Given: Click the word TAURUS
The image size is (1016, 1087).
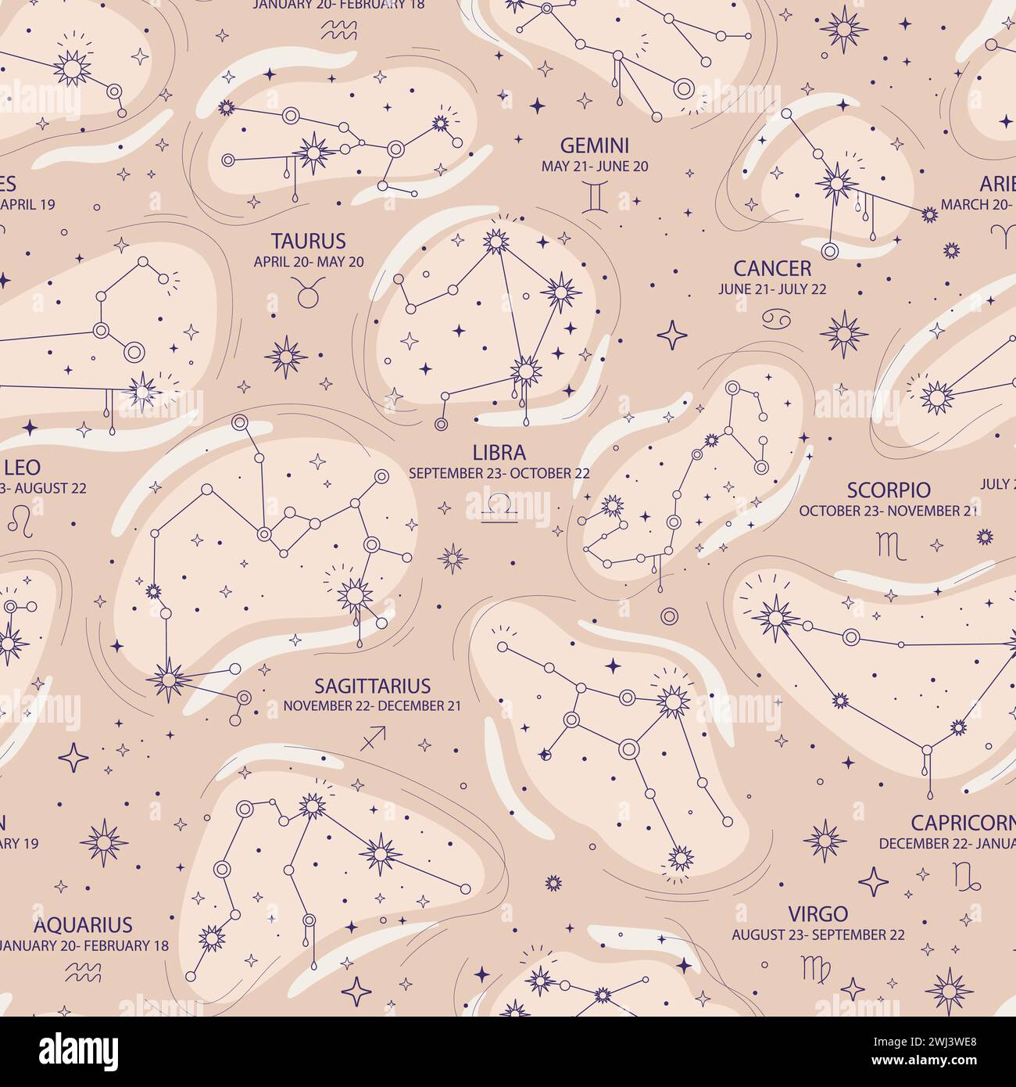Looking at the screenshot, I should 308,240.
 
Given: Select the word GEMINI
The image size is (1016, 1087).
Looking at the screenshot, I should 595,145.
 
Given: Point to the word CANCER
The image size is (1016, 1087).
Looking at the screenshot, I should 772,269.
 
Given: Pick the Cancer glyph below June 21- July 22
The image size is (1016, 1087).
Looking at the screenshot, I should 772,316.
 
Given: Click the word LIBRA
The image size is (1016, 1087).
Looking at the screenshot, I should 499,452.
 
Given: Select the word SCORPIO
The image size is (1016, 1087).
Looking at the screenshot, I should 889,490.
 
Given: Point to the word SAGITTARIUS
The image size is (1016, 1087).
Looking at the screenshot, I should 372,686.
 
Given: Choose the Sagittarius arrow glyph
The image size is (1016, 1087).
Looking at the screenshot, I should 373,737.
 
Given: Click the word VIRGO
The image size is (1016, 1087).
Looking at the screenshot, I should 818,913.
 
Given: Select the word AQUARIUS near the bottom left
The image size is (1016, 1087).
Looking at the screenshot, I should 83,924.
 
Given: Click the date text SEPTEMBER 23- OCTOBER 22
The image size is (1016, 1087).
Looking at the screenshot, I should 499,473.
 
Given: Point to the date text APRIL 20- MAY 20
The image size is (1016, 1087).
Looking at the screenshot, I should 308,262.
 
